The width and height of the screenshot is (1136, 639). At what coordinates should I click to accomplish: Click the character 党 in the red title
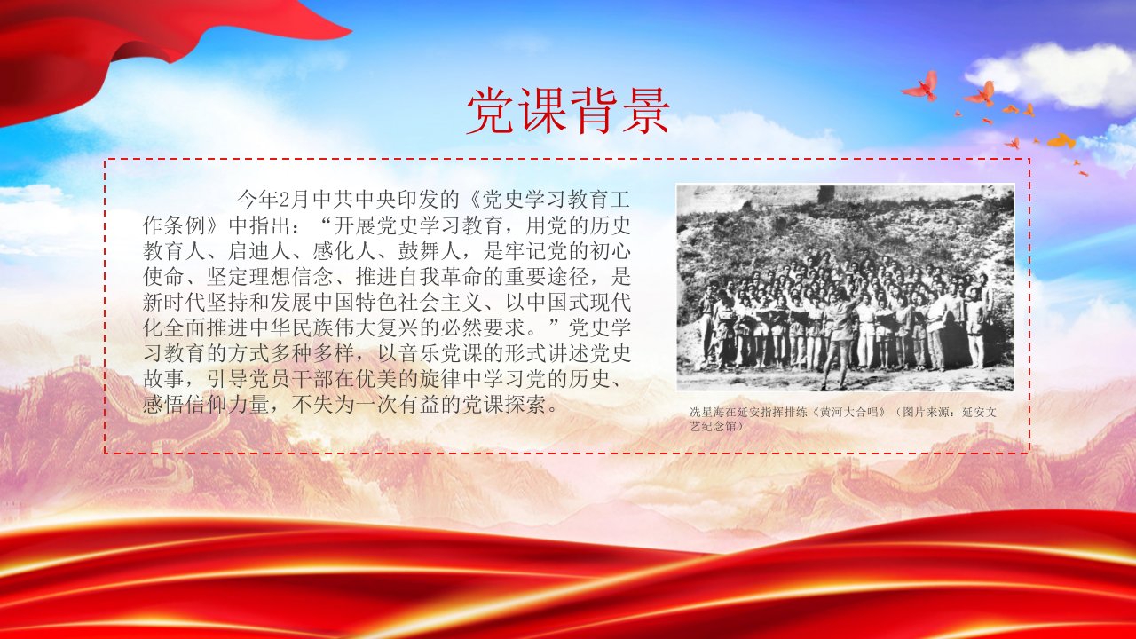[x=491, y=112]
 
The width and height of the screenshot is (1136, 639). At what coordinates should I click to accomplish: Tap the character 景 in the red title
[x=644, y=112]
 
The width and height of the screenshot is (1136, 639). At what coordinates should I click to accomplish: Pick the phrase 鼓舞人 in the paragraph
[x=430, y=251]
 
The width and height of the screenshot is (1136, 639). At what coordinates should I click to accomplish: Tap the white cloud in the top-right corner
[x=1055, y=76]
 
